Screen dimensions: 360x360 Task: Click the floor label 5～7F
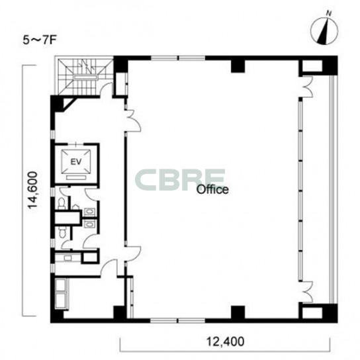40,40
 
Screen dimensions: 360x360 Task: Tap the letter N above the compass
329,13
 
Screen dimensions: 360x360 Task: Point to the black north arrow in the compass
324,32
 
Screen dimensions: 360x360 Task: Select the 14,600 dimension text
32,190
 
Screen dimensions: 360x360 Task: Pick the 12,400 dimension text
225,341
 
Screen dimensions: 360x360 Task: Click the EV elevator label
76,162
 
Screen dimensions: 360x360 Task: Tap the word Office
212,190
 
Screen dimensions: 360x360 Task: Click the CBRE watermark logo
180,179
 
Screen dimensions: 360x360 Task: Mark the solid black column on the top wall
238,66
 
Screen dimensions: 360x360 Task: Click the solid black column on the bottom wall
238,312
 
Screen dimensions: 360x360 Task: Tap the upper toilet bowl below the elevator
62,203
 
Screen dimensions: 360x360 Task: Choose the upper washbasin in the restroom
90,211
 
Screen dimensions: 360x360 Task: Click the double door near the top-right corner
307,87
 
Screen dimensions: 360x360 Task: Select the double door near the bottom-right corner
307,292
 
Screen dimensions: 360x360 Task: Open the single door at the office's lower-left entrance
133,253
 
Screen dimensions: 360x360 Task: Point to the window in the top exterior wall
178,58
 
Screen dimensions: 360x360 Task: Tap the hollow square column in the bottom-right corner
312,312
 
